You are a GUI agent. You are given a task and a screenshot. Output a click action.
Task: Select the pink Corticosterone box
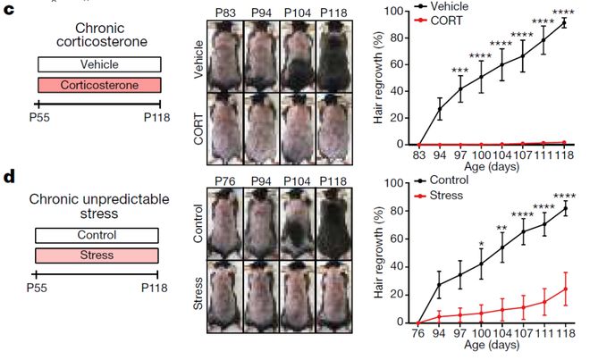point(98,84)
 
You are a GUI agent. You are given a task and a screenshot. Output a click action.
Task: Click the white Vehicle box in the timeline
point(98,64)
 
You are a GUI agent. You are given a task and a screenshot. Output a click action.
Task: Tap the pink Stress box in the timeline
point(97,255)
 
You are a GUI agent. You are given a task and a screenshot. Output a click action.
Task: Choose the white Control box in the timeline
point(97,236)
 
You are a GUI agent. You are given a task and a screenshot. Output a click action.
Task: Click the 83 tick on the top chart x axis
point(418,154)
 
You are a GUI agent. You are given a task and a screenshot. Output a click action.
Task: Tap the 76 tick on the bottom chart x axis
point(418,332)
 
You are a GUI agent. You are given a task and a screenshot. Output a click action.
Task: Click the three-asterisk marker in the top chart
point(460,71)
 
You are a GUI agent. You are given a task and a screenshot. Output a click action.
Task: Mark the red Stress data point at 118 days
point(564,289)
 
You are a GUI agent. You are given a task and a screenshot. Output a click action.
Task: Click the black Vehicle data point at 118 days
point(564,23)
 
